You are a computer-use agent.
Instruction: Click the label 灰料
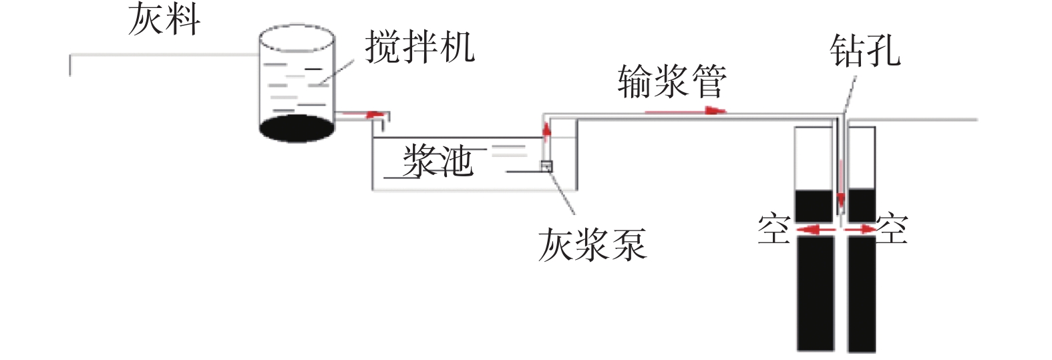tap(164, 19)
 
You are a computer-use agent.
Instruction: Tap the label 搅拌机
tap(420, 47)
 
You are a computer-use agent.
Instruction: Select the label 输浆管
tap(671, 82)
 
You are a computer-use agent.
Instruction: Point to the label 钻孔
tap(864, 51)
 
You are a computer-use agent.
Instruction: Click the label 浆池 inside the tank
tap(438, 162)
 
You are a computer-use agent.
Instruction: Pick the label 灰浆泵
tap(592, 244)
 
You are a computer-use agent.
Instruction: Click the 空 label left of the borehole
tap(773, 229)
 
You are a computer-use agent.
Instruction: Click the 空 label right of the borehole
tap(892, 229)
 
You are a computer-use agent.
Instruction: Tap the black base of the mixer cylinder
tap(297, 128)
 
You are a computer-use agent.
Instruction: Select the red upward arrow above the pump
tap(547, 131)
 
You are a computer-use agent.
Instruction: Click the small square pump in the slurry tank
tap(546, 166)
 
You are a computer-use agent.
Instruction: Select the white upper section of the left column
tap(814, 158)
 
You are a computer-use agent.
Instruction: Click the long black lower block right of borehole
tap(862, 294)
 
